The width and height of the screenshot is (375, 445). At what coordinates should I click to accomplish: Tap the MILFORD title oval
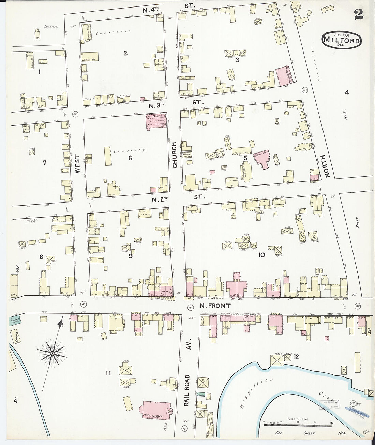tap(342, 41)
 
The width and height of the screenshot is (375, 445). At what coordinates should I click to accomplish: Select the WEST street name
tap(77, 164)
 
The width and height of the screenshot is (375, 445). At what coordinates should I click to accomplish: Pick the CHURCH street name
tap(175, 155)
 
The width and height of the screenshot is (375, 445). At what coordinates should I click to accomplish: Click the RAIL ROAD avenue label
tap(186, 390)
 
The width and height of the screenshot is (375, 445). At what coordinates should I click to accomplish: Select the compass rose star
tap(52, 354)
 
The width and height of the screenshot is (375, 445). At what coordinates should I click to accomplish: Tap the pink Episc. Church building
tap(156, 122)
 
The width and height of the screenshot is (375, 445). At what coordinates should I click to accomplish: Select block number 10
tap(262, 255)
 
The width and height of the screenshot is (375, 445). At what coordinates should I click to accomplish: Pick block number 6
tap(130, 158)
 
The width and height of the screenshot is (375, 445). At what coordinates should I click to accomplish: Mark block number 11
tap(108, 373)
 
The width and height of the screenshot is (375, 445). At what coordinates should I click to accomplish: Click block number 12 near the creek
tap(296, 357)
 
